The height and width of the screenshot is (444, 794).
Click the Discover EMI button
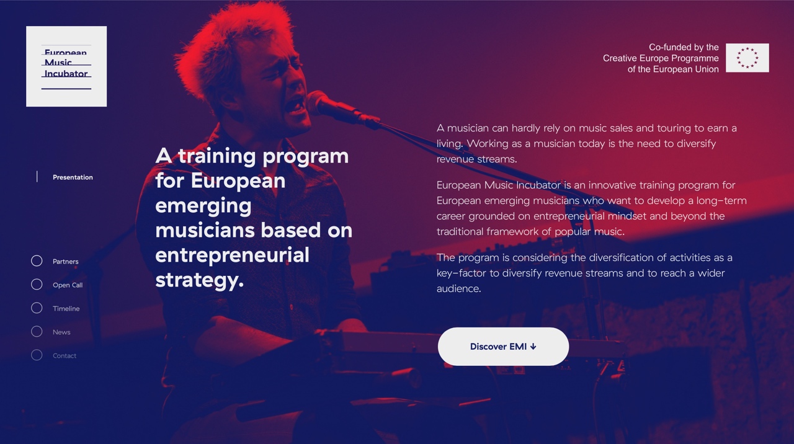pos(503,347)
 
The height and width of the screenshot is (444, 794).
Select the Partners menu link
pos(66,262)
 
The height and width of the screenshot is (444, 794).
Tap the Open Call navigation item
pos(68,285)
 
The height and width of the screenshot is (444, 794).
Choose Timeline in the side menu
pos(66,309)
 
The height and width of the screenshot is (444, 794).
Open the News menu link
pos(61,332)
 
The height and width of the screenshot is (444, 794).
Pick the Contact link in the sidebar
pos(65,356)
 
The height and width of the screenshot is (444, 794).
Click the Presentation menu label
pos(73,177)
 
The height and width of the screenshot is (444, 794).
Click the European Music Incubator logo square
pos(66,66)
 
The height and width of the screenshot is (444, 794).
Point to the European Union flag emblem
pos(747,58)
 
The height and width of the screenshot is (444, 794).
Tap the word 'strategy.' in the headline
pos(200,280)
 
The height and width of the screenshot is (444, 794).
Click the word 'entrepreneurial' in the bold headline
pos(232,255)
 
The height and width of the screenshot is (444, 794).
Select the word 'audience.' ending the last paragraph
pos(458,288)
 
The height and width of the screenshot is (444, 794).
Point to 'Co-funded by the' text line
pos(684,47)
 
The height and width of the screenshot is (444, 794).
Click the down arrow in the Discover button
pos(533,347)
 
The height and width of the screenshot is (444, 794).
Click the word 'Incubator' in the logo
pos(66,74)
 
